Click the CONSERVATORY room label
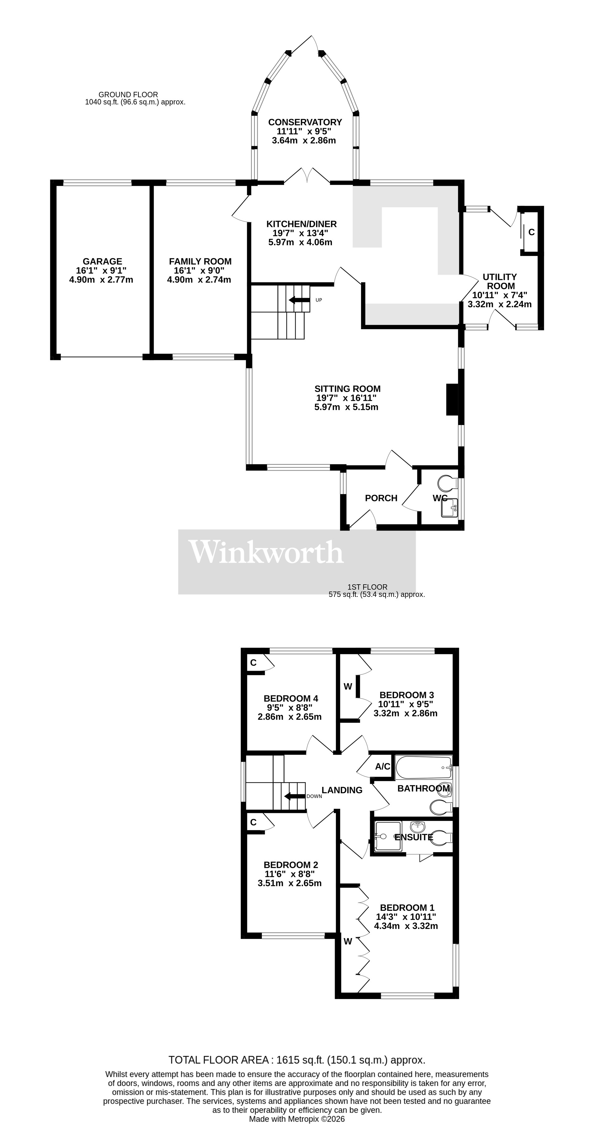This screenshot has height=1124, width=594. pyautogui.click(x=305, y=122)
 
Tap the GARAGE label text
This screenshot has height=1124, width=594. pyautogui.click(x=102, y=261)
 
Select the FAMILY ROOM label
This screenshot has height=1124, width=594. pyautogui.click(x=200, y=261)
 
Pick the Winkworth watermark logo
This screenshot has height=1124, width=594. pyautogui.click(x=266, y=552)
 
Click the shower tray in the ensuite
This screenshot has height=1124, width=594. pyautogui.click(x=388, y=836)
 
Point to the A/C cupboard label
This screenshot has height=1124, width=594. pyautogui.click(x=382, y=767)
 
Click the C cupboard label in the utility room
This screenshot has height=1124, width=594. pyautogui.click(x=531, y=232)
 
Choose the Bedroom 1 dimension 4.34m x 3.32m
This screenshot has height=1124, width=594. pyautogui.click(x=406, y=925)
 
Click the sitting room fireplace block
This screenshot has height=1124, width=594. pyautogui.click(x=452, y=399)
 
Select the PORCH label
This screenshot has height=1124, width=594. pyautogui.click(x=381, y=498)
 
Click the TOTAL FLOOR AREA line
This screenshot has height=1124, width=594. pyautogui.click(x=297, y=1060)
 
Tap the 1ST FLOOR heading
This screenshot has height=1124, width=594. pyautogui.click(x=367, y=587)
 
